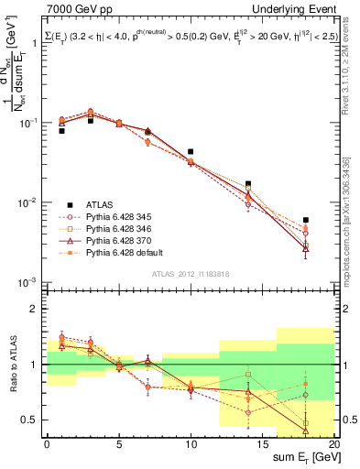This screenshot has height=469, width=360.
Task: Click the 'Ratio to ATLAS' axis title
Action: tap(11, 364)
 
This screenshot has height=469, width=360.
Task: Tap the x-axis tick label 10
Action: tap(191, 443)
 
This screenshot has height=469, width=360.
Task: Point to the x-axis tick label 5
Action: tap(119, 443)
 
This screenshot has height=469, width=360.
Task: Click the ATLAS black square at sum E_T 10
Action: tap(191, 152)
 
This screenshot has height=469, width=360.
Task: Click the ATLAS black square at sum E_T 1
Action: tap(61, 131)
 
